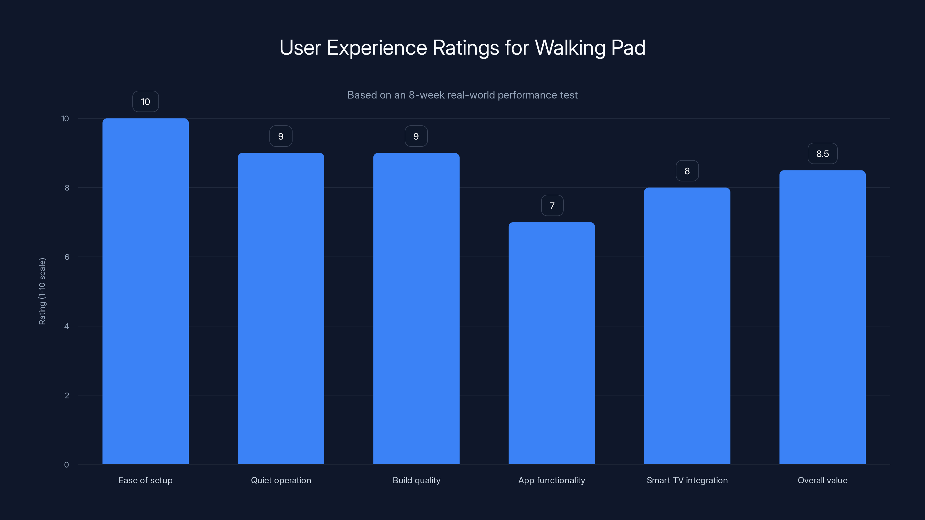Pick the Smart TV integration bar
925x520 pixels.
[x=687, y=326]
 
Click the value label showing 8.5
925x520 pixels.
[x=822, y=154]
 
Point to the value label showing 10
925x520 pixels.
[x=145, y=102]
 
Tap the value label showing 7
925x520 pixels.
[x=552, y=206]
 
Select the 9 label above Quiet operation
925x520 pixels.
[x=281, y=136]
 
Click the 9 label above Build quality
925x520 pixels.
[x=416, y=136]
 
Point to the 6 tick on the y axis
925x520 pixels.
[x=67, y=257]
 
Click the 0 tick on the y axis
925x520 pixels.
[x=66, y=465]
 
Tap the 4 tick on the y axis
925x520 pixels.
[x=66, y=326]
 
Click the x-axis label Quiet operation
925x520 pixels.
[x=281, y=480]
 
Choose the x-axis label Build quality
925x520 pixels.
[x=416, y=480]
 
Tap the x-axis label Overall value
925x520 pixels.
[x=822, y=480]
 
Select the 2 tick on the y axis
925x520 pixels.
[x=67, y=395]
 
